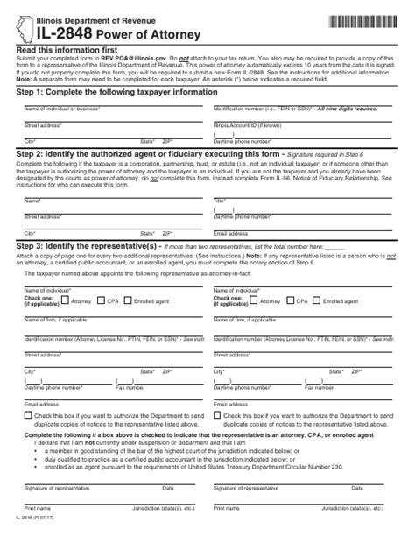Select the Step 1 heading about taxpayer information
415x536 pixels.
pyautogui.click(x=116, y=92)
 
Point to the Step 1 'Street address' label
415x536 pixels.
pyautogui.click(x=44, y=125)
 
